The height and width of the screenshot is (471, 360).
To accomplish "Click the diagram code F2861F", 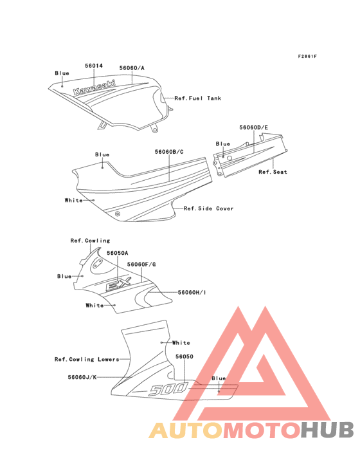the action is (307, 56).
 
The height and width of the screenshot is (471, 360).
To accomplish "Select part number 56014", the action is (94, 66).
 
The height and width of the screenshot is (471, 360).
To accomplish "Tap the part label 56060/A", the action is (132, 68).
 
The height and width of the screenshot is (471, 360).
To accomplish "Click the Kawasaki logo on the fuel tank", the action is (94, 88).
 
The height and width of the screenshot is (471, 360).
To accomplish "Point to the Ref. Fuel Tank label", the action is (198, 98).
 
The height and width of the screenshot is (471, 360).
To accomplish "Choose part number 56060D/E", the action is (253, 127).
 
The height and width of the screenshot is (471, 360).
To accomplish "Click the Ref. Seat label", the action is (273, 172).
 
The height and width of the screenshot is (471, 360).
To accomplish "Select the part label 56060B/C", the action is (169, 152).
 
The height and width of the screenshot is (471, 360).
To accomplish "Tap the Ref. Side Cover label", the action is (208, 208).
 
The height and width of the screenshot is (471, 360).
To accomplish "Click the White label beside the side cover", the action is (73, 200).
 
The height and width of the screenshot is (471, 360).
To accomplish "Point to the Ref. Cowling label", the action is (90, 240).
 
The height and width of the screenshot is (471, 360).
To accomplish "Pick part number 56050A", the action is (117, 253).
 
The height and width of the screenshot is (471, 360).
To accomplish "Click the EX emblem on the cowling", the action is (118, 284).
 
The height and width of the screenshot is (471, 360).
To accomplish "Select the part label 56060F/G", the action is (141, 264).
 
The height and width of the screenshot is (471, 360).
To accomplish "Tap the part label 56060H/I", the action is (192, 292).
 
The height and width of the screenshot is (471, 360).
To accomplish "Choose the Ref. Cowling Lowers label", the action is (87, 359).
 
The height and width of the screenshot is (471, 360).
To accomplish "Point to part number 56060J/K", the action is (82, 377).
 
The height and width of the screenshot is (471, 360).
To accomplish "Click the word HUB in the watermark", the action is (327, 430).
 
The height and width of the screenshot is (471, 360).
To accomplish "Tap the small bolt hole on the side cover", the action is (118, 214).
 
